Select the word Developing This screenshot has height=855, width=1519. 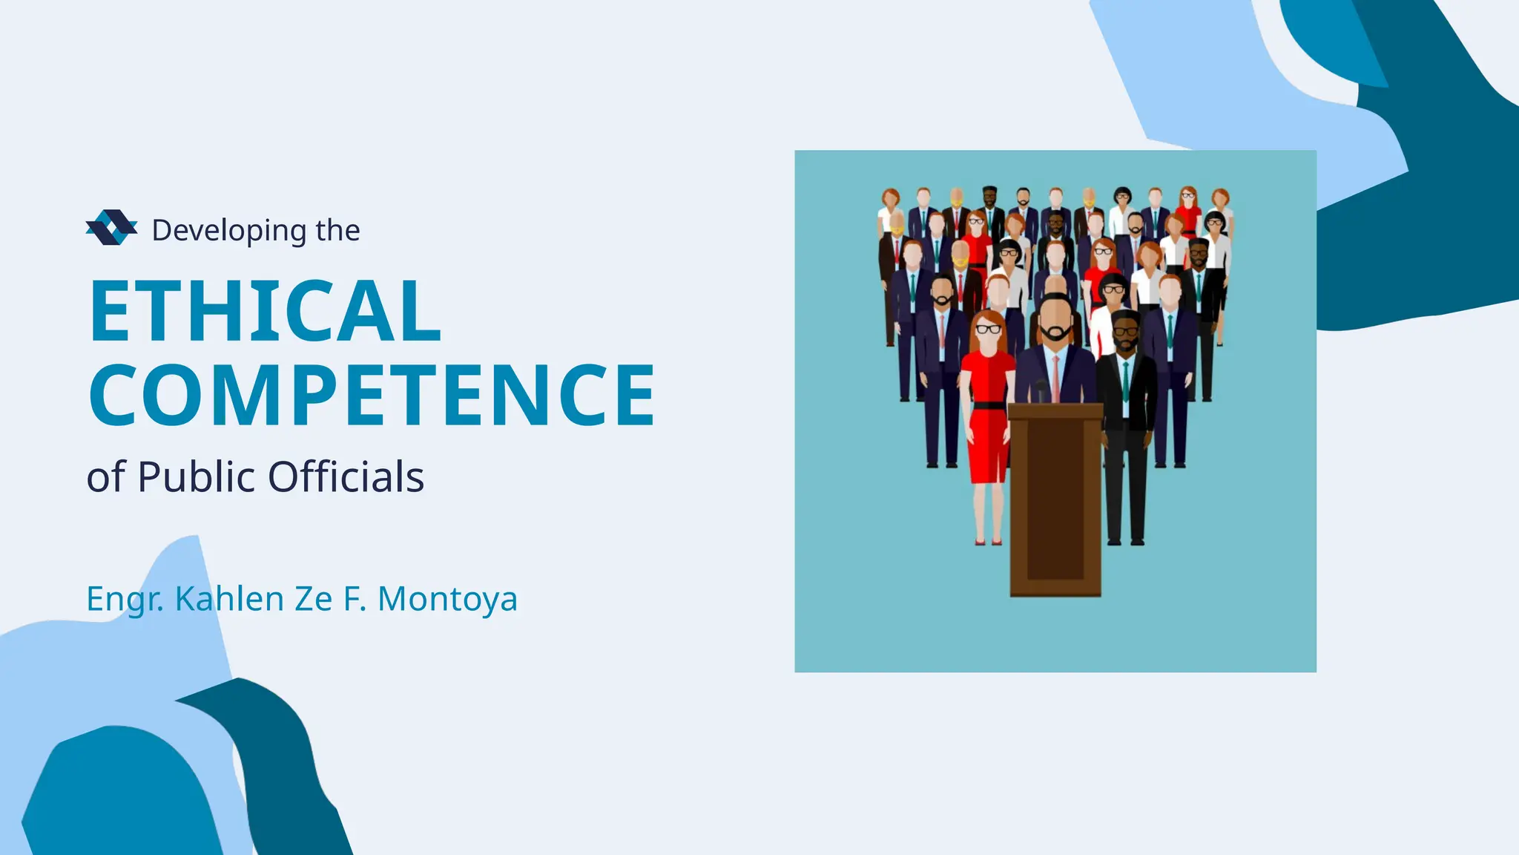pyautogui.click(x=228, y=231)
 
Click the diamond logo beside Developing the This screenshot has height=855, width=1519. pyautogui.click(x=111, y=227)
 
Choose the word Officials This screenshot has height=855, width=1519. pyautogui.click(x=346, y=476)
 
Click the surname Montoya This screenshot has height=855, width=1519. pyautogui.click(x=447, y=599)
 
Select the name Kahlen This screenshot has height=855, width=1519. pyautogui.click(x=229, y=598)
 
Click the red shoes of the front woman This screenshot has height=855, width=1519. pyautogui.click(x=988, y=543)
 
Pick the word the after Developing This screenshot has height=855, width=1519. pyautogui.click(x=337, y=231)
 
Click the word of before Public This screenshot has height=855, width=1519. pyautogui.click(x=106, y=477)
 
